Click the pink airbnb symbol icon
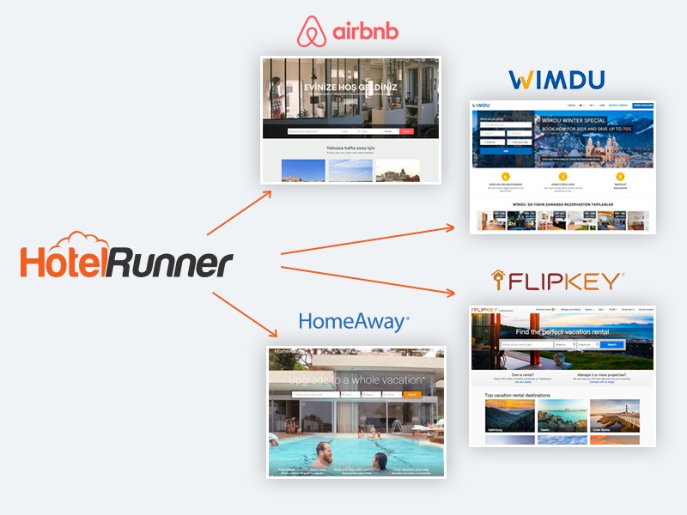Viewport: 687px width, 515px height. [310, 32]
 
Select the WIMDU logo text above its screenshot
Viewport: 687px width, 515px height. [556, 81]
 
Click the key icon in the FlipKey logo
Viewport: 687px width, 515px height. [498, 280]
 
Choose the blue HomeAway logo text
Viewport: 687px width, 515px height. [353, 322]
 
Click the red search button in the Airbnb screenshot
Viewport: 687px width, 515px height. [407, 131]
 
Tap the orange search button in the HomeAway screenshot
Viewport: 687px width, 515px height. [413, 394]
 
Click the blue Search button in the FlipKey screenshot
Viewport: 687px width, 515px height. [611, 344]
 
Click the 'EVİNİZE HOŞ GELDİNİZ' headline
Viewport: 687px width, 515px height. [351, 88]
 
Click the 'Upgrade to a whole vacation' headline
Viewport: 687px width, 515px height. [356, 379]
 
